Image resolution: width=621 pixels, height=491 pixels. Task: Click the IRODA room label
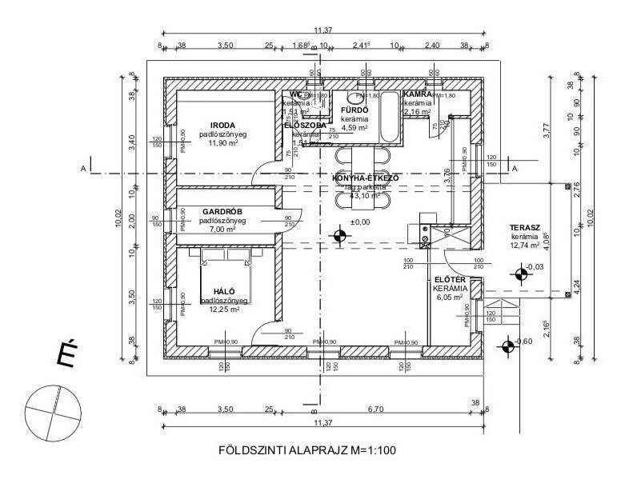point(223,125)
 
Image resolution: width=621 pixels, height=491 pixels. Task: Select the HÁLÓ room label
point(224,291)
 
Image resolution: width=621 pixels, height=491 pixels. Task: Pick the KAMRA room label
point(418,94)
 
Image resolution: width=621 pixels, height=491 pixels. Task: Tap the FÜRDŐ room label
point(354,110)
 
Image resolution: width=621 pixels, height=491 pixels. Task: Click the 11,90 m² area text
point(224,144)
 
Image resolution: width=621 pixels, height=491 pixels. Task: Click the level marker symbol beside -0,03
point(522,273)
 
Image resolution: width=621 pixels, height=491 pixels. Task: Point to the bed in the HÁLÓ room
point(226,276)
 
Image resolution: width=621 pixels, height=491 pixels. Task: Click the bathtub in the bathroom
point(388,116)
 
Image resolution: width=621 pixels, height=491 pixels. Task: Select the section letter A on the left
point(82,168)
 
